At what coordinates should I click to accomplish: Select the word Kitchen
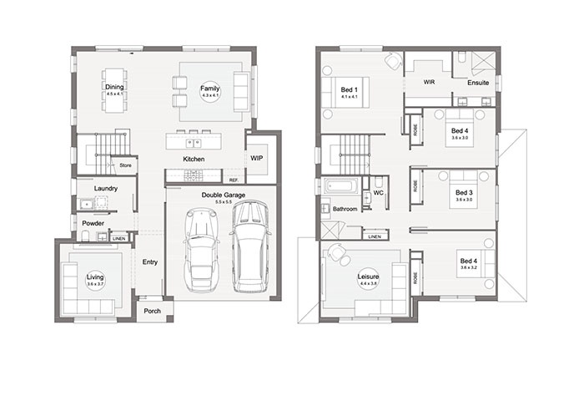(x=194, y=159)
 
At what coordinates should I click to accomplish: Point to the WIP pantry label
(x=256, y=157)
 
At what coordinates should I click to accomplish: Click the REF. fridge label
(x=234, y=180)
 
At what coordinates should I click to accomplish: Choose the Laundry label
(x=105, y=189)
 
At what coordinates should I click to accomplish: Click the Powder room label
(x=92, y=223)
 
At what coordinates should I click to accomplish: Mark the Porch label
(x=152, y=311)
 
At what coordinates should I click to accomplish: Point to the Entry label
(x=150, y=262)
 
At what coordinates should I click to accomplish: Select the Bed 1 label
(x=349, y=91)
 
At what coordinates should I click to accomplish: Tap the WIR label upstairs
(x=430, y=83)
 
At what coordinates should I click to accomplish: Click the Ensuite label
(x=478, y=83)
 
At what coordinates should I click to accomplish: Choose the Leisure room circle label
(x=368, y=279)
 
